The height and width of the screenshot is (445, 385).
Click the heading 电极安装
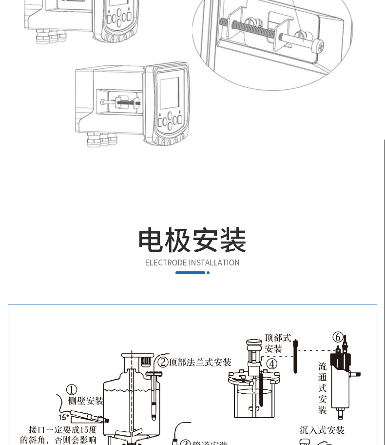(192, 240)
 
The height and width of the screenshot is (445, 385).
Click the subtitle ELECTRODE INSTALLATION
(192, 263)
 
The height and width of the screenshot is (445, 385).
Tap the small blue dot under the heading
(208, 273)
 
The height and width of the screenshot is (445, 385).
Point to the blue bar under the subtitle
(190, 273)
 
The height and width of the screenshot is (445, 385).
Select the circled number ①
(72, 390)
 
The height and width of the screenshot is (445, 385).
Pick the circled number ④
(271, 364)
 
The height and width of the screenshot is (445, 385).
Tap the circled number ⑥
(338, 337)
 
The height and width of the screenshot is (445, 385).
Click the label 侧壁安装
(86, 401)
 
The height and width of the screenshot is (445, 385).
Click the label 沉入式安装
(322, 430)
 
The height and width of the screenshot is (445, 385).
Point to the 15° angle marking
(63, 417)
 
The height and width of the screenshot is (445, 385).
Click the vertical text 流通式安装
(322, 388)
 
